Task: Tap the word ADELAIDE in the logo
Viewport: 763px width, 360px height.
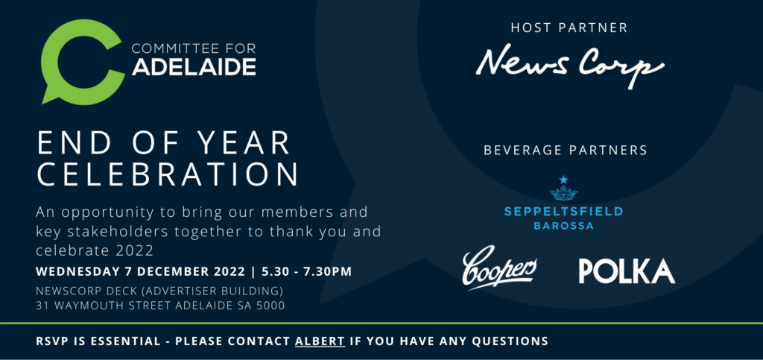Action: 194,66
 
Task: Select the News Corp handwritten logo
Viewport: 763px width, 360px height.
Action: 570,66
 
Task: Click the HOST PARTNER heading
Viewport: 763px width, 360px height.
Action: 569,28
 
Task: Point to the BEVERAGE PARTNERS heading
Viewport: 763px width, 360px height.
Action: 566,150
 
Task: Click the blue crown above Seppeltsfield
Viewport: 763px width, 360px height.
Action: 563,189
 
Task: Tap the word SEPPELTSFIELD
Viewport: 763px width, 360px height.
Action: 563,212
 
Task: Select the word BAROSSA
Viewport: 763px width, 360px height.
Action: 563,227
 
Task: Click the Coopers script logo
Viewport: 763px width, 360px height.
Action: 499,270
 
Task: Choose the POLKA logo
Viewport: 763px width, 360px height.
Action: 627,271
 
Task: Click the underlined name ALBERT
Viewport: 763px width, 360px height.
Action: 320,341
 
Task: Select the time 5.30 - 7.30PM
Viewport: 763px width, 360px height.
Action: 306,271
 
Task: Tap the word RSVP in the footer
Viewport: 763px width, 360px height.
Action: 51,341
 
